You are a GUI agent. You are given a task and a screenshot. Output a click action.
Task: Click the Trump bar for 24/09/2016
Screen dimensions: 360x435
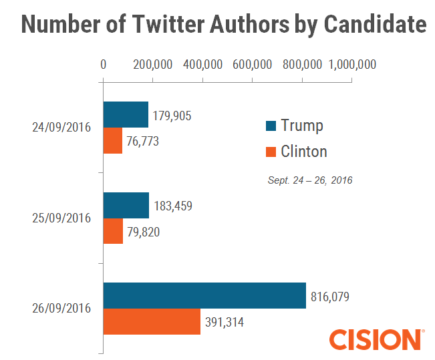pyautogui.click(x=126, y=115)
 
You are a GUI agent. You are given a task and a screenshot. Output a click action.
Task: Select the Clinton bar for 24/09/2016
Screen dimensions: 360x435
pyautogui.click(x=113, y=141)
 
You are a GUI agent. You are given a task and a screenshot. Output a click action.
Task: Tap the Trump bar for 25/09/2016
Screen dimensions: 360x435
pyautogui.click(x=126, y=206)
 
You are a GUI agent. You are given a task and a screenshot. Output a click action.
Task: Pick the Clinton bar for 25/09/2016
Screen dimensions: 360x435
pyautogui.click(x=113, y=232)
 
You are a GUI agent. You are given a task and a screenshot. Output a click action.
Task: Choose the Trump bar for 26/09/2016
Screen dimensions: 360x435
pyautogui.click(x=204, y=296)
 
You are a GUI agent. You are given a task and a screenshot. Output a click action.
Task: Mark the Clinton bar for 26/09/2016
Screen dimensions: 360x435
pyautogui.click(x=152, y=322)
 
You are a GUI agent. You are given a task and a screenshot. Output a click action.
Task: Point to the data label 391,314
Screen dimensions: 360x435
pyautogui.click(x=225, y=322)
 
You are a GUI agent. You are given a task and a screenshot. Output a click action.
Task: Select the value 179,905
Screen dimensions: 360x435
pyautogui.click(x=172, y=116)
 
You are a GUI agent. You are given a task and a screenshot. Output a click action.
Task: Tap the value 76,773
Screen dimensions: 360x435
pyautogui.click(x=144, y=142)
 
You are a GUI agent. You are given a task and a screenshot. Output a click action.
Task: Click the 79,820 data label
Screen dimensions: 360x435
pyautogui.click(x=144, y=232)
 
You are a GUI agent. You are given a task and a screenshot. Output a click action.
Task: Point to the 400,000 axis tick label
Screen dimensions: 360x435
pyautogui.click(x=202, y=64)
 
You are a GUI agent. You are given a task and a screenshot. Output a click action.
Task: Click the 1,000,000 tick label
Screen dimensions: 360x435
pyautogui.click(x=352, y=64)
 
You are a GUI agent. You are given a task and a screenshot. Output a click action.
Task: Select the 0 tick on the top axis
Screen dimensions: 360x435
pyautogui.click(x=103, y=64)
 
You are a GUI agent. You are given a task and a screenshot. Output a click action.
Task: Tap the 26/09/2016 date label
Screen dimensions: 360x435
pyautogui.click(x=61, y=309)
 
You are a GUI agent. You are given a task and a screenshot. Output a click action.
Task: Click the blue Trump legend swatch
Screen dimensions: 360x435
pyautogui.click(x=271, y=126)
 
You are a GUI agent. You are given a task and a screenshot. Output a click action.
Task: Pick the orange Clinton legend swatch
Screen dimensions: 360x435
pyautogui.click(x=271, y=152)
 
